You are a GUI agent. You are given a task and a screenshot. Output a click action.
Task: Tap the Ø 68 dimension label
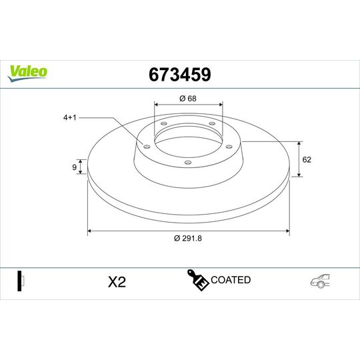[x=187, y=99]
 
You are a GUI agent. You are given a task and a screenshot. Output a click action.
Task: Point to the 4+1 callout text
[x=71, y=117]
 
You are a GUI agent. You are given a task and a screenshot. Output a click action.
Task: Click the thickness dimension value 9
[x=73, y=168]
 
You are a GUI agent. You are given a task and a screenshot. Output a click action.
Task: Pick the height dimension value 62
[x=307, y=159]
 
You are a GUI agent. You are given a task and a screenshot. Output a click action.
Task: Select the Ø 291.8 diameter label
[x=187, y=238]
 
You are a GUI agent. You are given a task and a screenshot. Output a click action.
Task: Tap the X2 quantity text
[x=117, y=282]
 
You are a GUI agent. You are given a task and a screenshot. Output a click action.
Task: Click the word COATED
[x=230, y=280]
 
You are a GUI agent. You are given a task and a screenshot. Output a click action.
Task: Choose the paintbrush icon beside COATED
[x=199, y=281]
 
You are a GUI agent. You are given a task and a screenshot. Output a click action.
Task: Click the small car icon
[x=319, y=282]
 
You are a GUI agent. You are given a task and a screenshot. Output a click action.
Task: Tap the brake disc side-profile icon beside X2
[x=19, y=281]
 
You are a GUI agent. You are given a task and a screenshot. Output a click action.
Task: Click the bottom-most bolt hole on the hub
[x=187, y=162]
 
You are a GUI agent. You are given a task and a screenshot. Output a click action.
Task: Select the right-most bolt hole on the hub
[x=228, y=147]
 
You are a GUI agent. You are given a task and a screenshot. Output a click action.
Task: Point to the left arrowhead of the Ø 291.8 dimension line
[x=90, y=231]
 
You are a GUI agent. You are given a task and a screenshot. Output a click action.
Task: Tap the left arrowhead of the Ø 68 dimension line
[x=156, y=105]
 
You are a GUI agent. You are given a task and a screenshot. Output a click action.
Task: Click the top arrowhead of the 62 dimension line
[x=298, y=143]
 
